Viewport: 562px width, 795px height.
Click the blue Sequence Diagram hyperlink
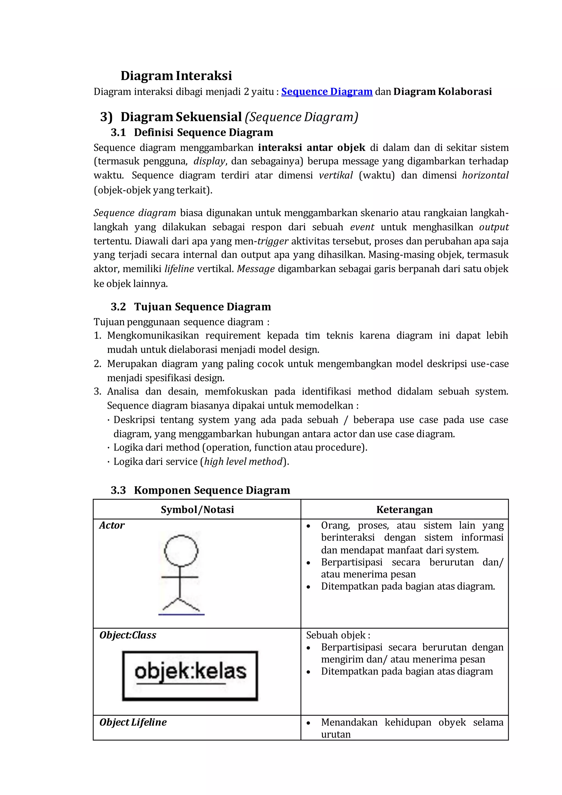(327, 92)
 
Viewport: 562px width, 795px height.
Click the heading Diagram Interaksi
(176, 75)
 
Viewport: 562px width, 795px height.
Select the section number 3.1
(118, 132)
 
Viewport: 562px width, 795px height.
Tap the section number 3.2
(118, 307)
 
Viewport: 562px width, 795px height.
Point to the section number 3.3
(118, 490)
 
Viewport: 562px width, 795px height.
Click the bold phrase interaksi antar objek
(311, 147)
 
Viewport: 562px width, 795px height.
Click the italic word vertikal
(336, 175)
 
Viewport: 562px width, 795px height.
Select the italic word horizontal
(485, 175)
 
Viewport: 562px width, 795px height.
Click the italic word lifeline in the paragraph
(179, 269)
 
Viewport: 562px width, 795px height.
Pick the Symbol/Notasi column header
(197, 510)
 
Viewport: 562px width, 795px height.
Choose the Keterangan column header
(404, 510)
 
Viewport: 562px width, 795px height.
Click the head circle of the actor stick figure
(181, 551)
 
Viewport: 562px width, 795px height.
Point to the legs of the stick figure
(180, 604)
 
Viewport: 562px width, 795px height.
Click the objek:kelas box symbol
(190, 676)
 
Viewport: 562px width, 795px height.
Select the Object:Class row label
(128, 636)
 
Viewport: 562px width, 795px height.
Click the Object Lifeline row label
(133, 722)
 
